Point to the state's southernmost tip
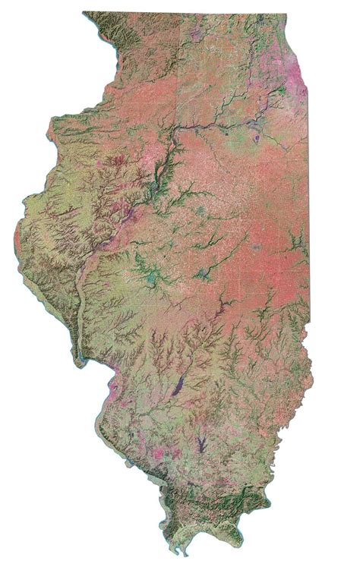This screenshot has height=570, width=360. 179,552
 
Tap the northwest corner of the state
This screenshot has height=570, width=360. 84,13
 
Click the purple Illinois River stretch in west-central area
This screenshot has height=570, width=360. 114,235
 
